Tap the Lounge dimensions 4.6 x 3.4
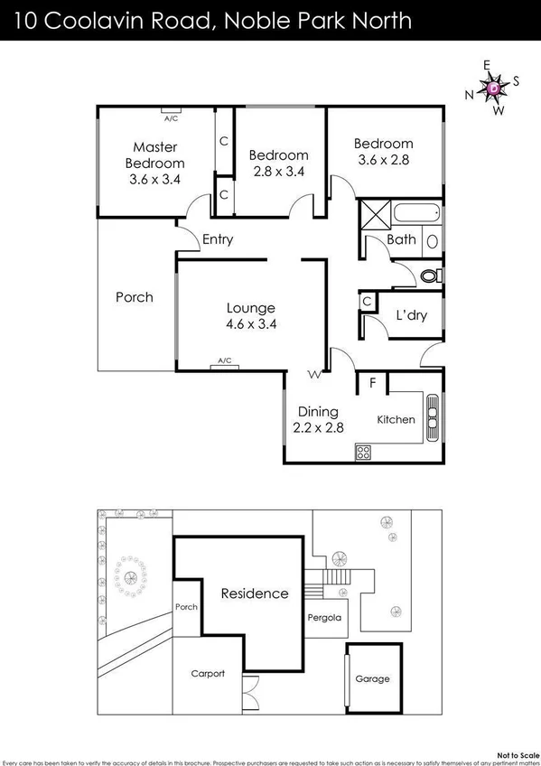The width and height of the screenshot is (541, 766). [x=250, y=323]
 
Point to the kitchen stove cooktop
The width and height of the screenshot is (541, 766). [x=364, y=452]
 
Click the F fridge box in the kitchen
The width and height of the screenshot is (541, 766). [x=371, y=383]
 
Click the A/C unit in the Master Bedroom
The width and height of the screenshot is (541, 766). [x=170, y=112]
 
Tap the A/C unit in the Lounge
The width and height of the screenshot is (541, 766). [x=222, y=364]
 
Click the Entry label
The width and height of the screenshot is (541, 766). [x=218, y=239]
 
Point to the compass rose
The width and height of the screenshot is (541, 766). [x=492, y=88]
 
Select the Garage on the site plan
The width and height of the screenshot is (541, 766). [x=372, y=677]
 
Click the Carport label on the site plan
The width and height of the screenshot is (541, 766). [x=207, y=674]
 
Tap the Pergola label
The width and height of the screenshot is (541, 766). [x=324, y=618]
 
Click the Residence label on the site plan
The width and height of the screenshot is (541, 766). [x=255, y=593]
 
